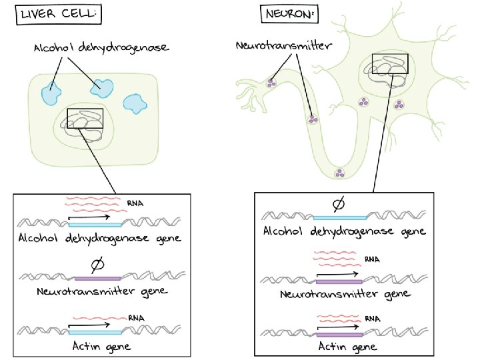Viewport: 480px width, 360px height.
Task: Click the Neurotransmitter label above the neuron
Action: pyautogui.click(x=284, y=46)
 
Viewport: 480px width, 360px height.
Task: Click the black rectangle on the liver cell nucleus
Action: pyautogui.click(x=86, y=118)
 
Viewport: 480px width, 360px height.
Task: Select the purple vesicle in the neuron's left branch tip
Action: pyautogui.click(x=271, y=83)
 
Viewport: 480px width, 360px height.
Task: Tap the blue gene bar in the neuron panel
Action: pyautogui.click(x=340, y=217)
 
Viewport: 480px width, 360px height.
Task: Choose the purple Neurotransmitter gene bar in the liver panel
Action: pyautogui.click(x=97, y=277)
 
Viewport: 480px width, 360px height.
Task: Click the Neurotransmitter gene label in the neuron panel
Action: pyautogui.click(x=344, y=293)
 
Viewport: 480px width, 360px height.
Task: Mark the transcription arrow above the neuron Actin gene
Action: pyautogui.click(x=340, y=326)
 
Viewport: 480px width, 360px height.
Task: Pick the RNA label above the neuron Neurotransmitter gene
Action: pyautogui.click(x=371, y=259)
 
